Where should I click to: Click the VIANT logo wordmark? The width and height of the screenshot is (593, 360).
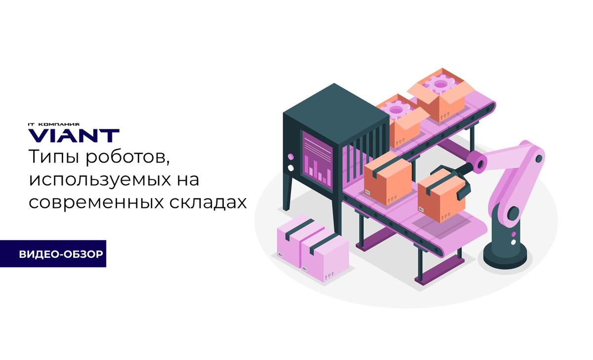point(74,135)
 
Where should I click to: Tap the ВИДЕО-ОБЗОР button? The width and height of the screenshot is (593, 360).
point(61,254)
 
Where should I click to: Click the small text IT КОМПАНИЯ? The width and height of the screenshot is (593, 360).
point(53,124)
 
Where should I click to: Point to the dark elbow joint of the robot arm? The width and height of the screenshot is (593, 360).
point(513,214)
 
